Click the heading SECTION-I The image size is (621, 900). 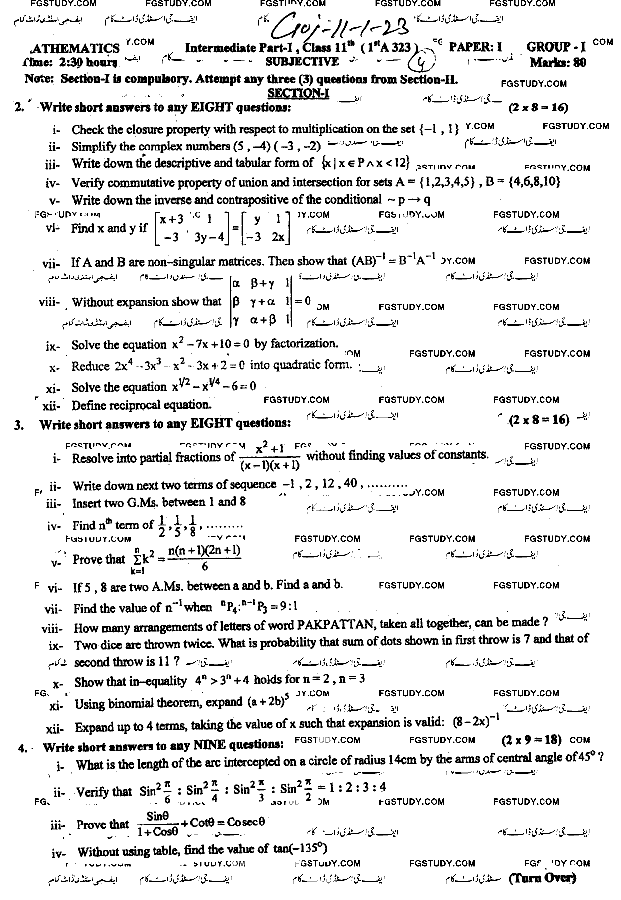298,93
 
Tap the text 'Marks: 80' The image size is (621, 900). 557,63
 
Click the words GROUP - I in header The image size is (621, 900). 556,48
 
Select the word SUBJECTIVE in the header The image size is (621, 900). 302,62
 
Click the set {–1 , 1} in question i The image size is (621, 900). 439,130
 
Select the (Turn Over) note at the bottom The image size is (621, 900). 543,878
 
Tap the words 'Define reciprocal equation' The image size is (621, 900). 139,405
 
